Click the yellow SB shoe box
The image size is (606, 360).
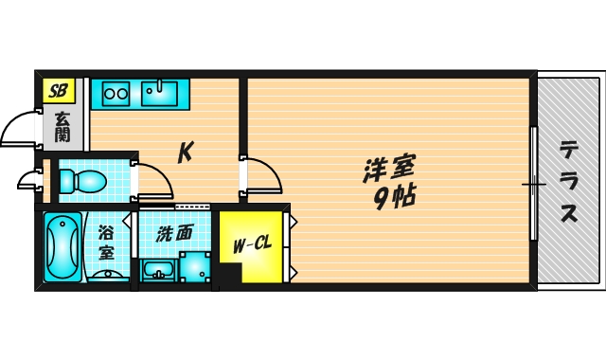pos(59,91)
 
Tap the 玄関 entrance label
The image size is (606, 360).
pos(62,127)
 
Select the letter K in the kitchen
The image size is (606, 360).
pos(186,152)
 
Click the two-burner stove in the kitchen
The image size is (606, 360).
pos(116,94)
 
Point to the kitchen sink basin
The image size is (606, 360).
pos(159,93)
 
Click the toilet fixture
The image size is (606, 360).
pos(83,181)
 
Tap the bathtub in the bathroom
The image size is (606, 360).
pos(63,247)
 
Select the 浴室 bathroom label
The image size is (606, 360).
pos(106,243)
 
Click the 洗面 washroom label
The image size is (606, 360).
pos(174,234)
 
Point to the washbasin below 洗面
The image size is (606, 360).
pos(159,270)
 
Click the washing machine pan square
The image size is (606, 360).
pos(195,267)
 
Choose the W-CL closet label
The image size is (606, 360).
pos(253,244)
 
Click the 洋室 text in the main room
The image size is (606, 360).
pos(389,169)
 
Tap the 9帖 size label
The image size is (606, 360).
pos(395,197)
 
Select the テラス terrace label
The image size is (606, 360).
pos(569,181)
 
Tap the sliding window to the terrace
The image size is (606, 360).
pos(533,183)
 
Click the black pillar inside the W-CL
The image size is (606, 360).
pos(230,275)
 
